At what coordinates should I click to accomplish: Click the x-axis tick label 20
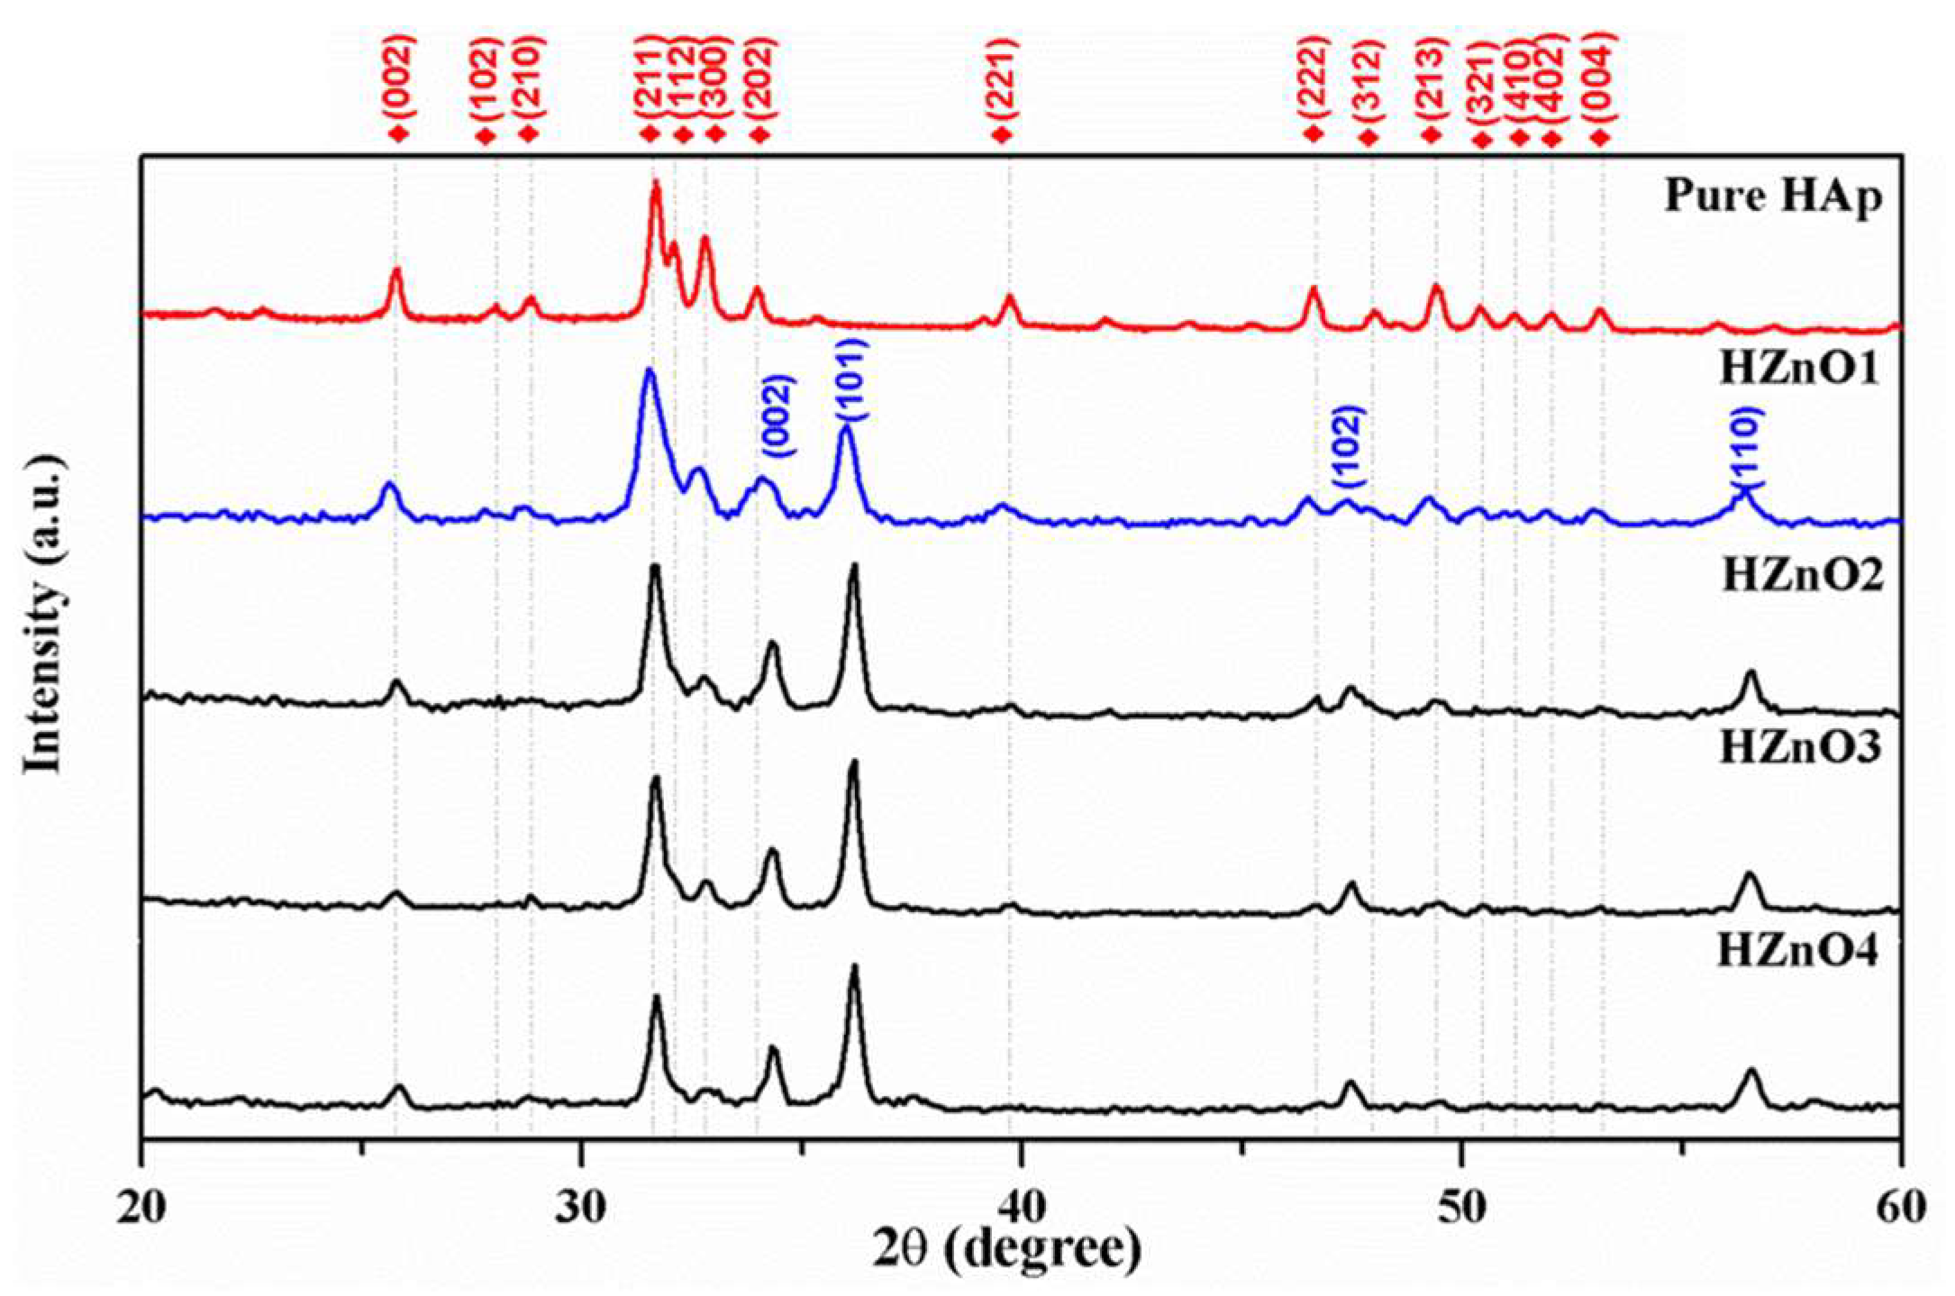141,1206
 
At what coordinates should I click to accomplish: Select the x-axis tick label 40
1021,1206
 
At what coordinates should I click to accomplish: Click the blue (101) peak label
850,379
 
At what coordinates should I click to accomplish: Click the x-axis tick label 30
581,1206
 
